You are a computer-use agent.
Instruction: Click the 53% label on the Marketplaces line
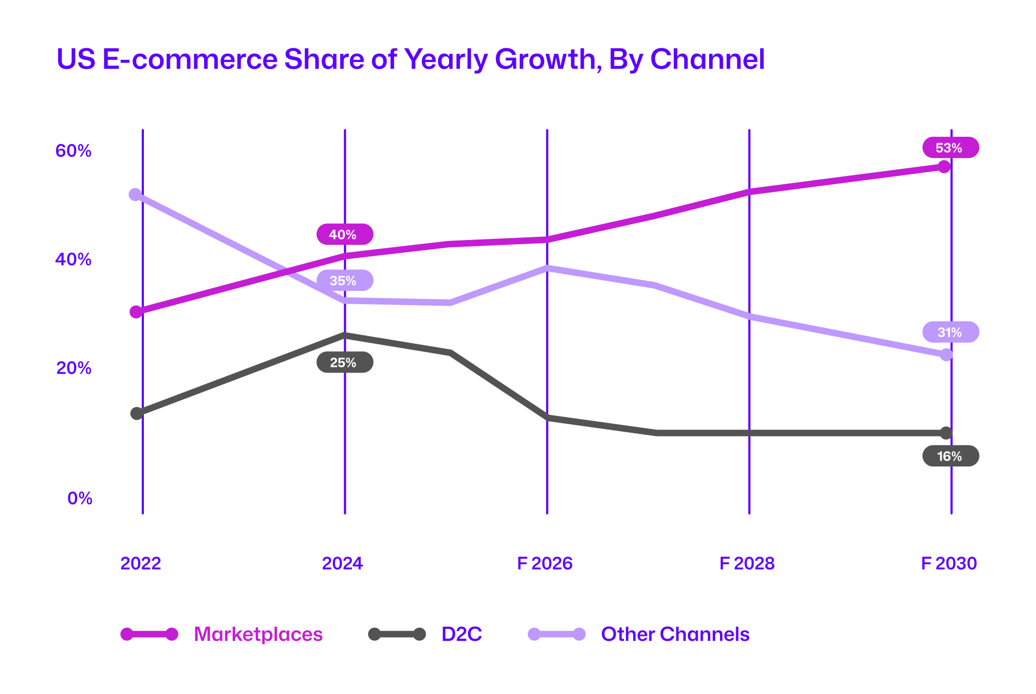tap(950, 148)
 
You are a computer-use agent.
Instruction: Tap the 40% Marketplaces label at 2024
tap(344, 235)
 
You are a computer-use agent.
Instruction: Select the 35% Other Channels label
tap(344, 281)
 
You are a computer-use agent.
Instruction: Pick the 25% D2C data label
tap(344, 363)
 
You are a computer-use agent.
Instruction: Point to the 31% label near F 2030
tap(950, 332)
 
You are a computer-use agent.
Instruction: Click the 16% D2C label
tap(950, 456)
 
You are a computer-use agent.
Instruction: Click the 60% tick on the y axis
tap(73, 151)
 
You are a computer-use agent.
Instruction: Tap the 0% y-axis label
tap(80, 499)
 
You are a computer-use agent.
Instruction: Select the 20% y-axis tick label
tap(74, 368)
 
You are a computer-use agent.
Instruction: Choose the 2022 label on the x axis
tap(141, 564)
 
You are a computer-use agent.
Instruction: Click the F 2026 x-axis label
tap(545, 564)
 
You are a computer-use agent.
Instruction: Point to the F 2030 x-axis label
tap(949, 564)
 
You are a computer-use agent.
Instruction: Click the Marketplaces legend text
tap(258, 634)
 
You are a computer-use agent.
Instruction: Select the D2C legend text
tap(462, 634)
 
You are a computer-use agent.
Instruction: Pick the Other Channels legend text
tap(675, 634)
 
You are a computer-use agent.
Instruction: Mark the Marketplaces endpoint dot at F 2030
tap(944, 167)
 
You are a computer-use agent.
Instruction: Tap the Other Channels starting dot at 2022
tap(135, 194)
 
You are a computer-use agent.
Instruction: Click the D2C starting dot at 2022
tap(137, 413)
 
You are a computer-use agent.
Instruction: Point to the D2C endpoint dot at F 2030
tap(946, 433)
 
